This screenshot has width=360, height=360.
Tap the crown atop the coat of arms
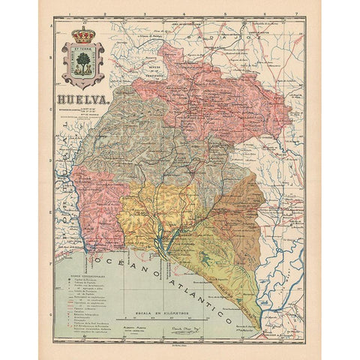82,36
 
